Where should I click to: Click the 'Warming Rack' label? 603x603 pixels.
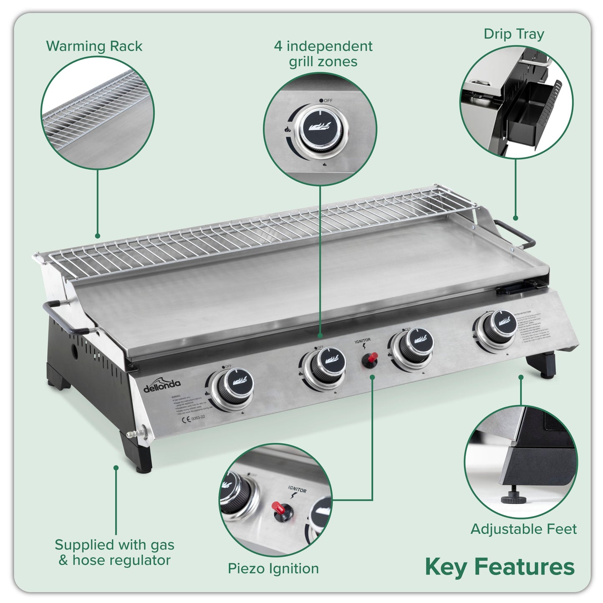pyautogui.click(x=94, y=46)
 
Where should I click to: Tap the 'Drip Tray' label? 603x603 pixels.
pyautogui.click(x=514, y=34)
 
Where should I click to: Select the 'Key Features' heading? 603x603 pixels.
pyautogui.click(x=500, y=567)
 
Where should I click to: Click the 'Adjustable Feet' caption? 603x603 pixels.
pyautogui.click(x=523, y=529)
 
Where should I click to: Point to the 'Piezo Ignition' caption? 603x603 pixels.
pyautogui.click(x=273, y=568)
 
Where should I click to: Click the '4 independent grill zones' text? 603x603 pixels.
pyautogui.click(x=323, y=54)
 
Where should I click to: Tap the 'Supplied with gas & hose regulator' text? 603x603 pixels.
pyautogui.click(x=114, y=552)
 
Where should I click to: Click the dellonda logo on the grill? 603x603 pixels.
pyautogui.click(x=162, y=386)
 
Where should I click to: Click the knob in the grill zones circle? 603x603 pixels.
pyautogui.click(x=320, y=130)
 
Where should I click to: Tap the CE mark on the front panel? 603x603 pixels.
pyautogui.click(x=185, y=421)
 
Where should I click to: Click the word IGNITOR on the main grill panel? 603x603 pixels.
pyautogui.click(x=363, y=341)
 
